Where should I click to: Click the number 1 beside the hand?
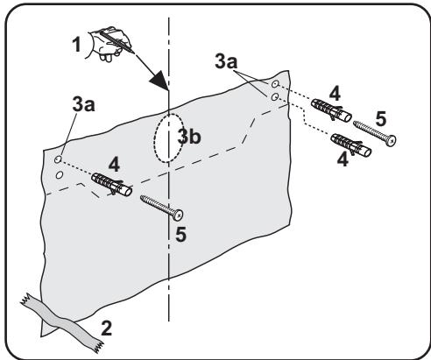(76, 45)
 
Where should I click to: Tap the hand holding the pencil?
(110, 44)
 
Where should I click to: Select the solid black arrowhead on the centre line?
(159, 80)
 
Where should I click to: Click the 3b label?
(189, 137)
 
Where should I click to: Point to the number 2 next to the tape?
(107, 328)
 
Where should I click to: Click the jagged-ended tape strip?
(62, 322)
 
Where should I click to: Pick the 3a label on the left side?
(84, 104)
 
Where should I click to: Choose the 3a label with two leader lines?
(226, 62)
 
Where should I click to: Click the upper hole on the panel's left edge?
(58, 159)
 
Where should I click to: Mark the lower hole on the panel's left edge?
(60, 175)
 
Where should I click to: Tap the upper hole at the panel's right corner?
(275, 84)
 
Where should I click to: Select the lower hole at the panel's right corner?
(274, 97)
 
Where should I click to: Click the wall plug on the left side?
(112, 184)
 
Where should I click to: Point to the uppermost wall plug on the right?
(331, 110)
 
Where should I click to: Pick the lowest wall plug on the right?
(351, 145)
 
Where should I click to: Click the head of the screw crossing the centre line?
(178, 215)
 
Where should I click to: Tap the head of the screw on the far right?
(391, 141)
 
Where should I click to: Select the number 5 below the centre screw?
(180, 234)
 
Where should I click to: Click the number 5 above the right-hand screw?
(380, 119)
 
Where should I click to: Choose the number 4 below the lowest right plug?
(343, 159)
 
